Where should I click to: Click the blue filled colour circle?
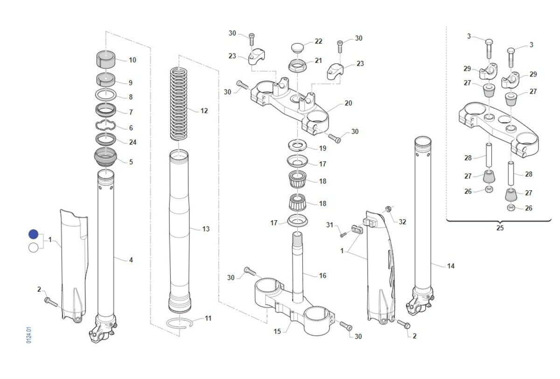click(33, 234)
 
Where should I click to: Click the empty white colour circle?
click(34, 248)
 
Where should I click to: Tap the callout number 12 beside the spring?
click(204, 110)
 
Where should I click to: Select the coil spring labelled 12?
click(179, 104)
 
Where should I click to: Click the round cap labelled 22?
click(298, 48)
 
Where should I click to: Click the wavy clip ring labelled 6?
click(106, 125)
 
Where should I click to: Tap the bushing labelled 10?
click(106, 59)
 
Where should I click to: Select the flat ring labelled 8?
click(106, 95)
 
